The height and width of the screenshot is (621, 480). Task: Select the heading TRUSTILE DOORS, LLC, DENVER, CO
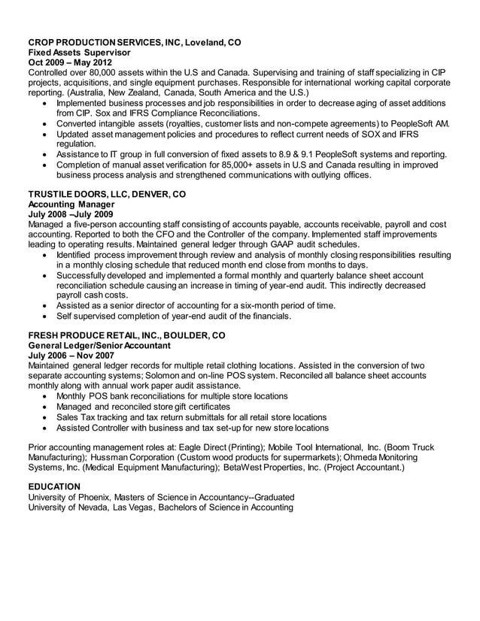tap(106, 193)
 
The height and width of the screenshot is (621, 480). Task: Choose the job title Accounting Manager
tap(70, 204)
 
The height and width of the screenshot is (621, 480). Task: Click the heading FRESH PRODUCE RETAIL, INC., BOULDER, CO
tap(126, 335)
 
